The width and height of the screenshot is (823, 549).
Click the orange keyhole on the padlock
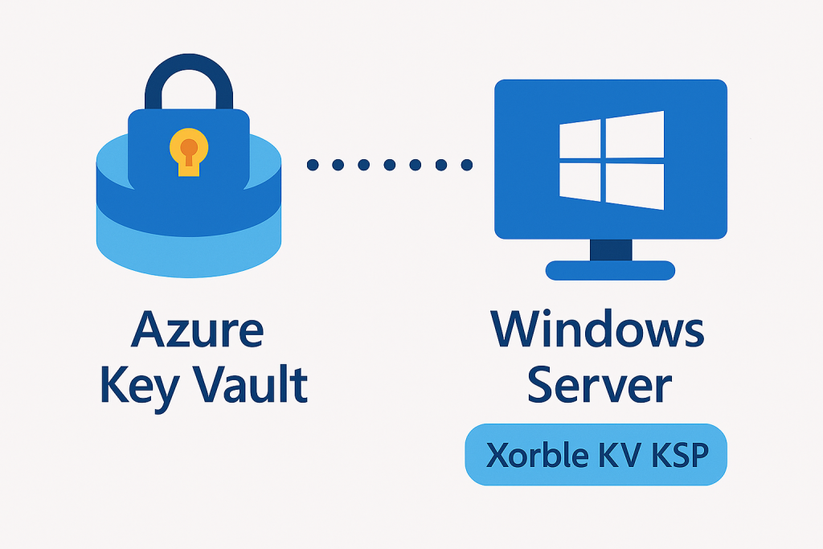pyautogui.click(x=189, y=148)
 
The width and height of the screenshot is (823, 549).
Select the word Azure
pyautogui.click(x=197, y=330)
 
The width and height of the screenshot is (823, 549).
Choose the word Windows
pyautogui.click(x=597, y=330)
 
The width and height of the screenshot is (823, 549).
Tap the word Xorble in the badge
pyautogui.click(x=531, y=456)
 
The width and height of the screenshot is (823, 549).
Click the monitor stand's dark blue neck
pyautogui.click(x=611, y=250)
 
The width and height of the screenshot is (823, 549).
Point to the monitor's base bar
pyautogui.click(x=611, y=270)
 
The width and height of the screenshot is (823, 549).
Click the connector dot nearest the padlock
pyautogui.click(x=313, y=165)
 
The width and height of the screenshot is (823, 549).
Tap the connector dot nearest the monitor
pyautogui.click(x=465, y=165)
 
